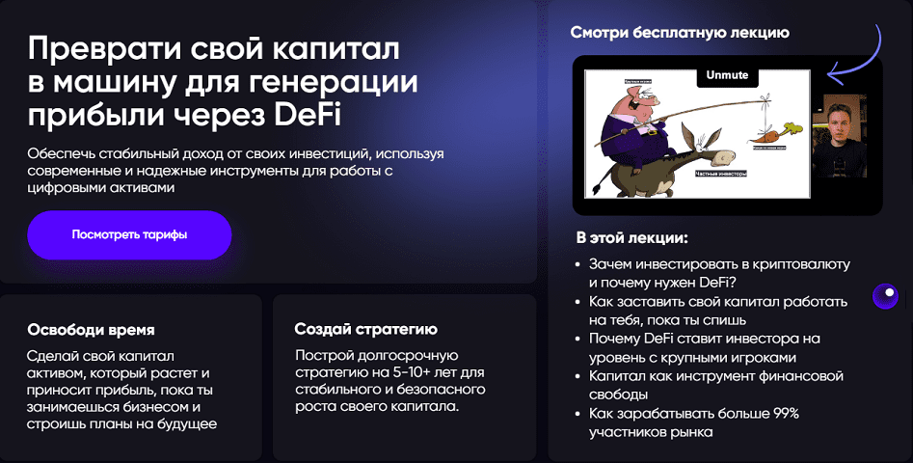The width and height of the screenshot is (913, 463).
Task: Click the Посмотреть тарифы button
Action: coord(129,234)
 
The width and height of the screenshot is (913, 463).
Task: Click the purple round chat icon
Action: coord(885,297)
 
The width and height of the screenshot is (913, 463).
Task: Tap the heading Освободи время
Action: coord(92,330)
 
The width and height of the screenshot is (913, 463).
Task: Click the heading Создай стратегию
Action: coord(365,330)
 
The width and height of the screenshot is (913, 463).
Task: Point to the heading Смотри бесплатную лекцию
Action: coord(680,33)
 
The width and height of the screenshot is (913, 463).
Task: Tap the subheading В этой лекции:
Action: coord(631,237)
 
